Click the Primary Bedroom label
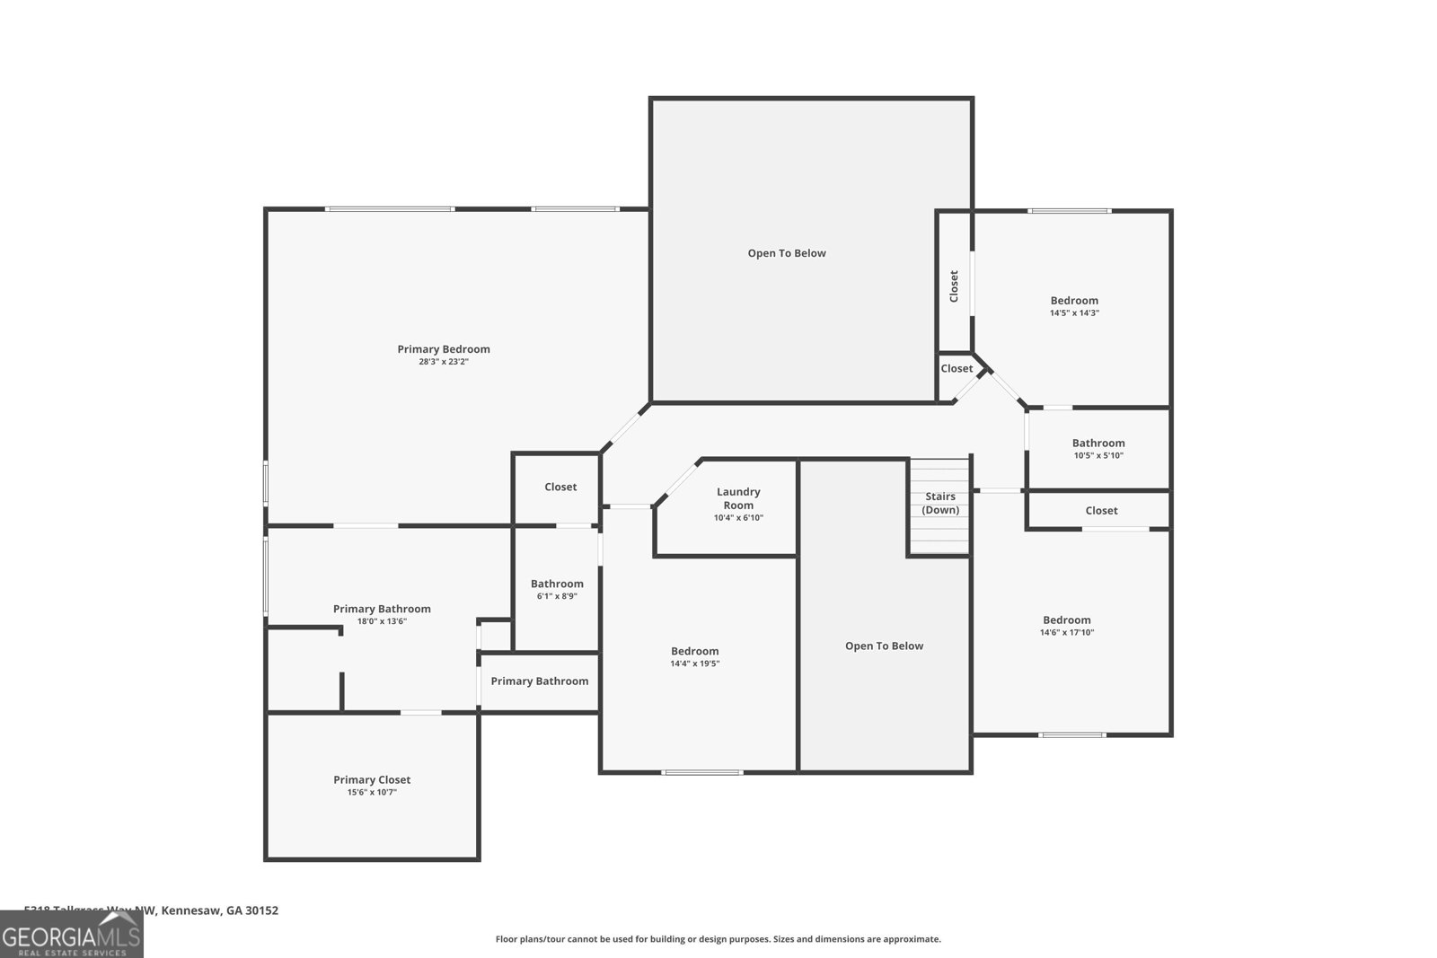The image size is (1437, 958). pos(444,349)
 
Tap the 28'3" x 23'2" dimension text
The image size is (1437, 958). pos(444,362)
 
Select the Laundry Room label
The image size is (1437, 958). pos(738,498)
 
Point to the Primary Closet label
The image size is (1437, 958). pos(372,779)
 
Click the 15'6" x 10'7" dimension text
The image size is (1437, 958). pos(372,793)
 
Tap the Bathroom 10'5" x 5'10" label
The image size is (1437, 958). pos(1098,443)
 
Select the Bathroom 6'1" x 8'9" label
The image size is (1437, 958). pos(557,584)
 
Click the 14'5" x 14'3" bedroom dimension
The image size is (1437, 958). pos(1074,313)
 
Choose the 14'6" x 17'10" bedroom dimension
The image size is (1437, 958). pos(1067,633)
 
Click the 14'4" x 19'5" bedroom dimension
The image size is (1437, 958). pos(694,664)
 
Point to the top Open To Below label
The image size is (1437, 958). pos(787,253)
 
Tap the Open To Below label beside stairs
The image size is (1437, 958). pos(884,646)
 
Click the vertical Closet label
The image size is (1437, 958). pos(954,286)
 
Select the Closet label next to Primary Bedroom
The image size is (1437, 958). pos(560,487)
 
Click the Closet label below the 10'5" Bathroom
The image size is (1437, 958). pos(1101,510)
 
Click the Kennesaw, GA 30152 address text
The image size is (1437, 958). pos(220,910)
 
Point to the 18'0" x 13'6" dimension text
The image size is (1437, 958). pos(382,621)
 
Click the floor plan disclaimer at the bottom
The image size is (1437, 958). pos(718,939)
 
